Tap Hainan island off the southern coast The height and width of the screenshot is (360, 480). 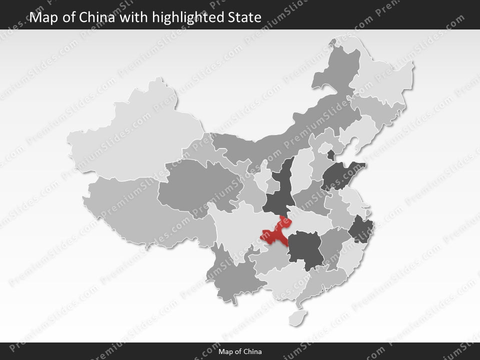coord(298,316)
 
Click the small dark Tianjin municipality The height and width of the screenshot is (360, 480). coord(331,154)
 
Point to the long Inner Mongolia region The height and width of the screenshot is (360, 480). coord(280,135)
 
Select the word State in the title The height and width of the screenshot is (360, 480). coord(243,18)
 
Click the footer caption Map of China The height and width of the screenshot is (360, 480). coord(240,352)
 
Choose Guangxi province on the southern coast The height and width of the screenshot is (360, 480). coord(280,282)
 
